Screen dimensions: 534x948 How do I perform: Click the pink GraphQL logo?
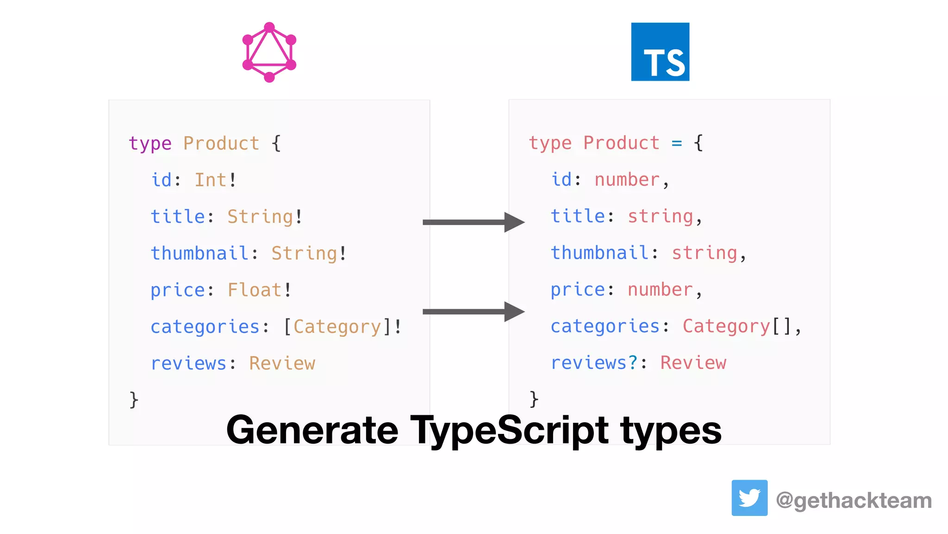pos(269,52)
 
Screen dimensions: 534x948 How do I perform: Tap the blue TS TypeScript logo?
pos(660,52)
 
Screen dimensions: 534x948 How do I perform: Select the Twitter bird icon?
pos(749,498)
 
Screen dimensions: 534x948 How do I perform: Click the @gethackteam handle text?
pos(854,501)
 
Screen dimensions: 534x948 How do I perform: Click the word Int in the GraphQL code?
pos(210,180)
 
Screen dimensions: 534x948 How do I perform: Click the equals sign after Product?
pos(677,143)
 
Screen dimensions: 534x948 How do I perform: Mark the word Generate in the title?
pos(312,430)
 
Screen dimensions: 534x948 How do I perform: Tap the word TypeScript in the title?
pos(510,430)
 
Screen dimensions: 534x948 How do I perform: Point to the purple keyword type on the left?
pos(150,144)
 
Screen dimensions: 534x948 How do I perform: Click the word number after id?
pos(627,180)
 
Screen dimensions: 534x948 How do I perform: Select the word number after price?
pos(660,290)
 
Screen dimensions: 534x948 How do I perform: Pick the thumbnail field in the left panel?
pos(200,254)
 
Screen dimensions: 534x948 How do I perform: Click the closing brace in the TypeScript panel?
pos(534,399)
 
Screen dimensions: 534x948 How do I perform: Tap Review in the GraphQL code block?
pos(282,363)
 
